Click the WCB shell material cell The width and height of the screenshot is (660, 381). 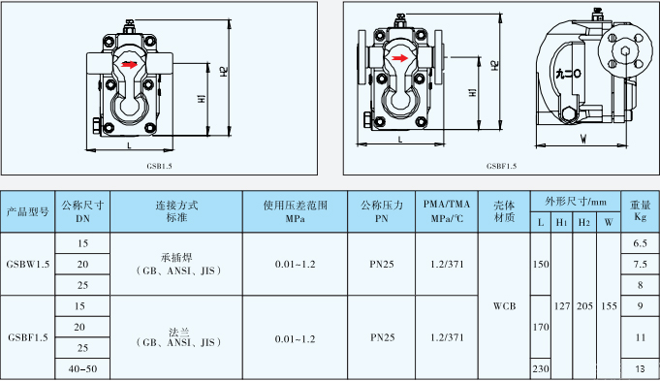tap(504, 305)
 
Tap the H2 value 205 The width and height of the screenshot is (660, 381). tap(584, 305)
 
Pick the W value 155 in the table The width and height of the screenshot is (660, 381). tap(609, 305)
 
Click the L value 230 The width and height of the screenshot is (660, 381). tap(540, 369)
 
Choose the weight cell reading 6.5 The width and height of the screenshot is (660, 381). tap(640, 242)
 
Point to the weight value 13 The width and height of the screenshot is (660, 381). tap(640, 369)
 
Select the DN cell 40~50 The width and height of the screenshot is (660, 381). tap(81, 369)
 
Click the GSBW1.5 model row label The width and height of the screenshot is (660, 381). tap(27, 264)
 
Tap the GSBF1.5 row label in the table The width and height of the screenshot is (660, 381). tap(27, 338)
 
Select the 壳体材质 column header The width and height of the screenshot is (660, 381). tap(504, 211)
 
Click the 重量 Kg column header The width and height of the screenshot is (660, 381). tap(640, 211)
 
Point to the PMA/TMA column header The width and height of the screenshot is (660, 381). tap(447, 211)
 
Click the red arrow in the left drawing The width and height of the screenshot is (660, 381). tap(129, 67)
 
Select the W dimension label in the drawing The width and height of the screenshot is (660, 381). tap(581, 139)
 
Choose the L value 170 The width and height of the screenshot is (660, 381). tap(540, 327)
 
